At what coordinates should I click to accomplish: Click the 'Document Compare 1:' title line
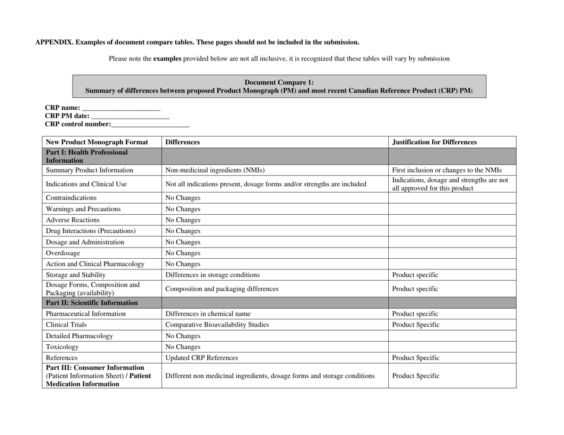(279, 82)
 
